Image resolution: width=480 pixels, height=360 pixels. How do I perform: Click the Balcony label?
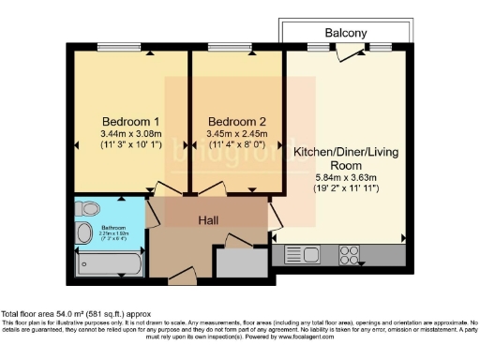(345, 33)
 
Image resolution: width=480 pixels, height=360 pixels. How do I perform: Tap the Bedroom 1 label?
(131, 122)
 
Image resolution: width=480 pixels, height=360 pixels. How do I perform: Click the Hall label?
(209, 219)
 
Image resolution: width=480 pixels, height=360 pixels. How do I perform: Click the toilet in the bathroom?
(88, 208)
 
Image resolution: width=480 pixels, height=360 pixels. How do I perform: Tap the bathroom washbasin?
(83, 233)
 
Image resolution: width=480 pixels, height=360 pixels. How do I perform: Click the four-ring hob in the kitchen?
(351, 253)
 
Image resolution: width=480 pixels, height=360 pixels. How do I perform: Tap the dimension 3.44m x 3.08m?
(131, 134)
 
